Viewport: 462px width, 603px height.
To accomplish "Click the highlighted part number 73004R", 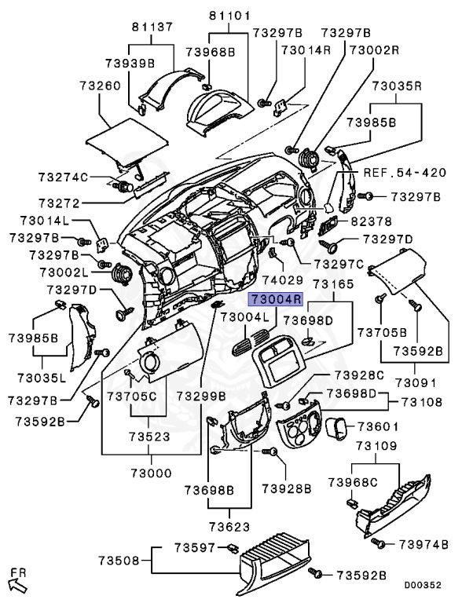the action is [276, 299].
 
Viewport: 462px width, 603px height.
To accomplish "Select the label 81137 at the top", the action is [152, 27].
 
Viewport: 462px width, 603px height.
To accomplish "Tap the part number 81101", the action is [229, 16].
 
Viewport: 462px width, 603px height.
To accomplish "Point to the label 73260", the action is [100, 86].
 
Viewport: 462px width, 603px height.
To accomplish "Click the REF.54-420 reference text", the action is [405, 172].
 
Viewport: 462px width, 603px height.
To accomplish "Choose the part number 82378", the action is [371, 221].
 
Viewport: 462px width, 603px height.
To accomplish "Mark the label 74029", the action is [283, 280].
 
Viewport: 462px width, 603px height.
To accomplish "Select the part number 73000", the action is [151, 473].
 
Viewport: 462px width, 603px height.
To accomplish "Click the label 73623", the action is [229, 526].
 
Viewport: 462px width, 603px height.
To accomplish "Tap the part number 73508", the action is [119, 561].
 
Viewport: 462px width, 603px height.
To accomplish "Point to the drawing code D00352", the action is [423, 585].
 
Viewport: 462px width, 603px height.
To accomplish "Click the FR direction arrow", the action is [17, 585].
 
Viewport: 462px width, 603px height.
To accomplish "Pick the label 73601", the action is [378, 426].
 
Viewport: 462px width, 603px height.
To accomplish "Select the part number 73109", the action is [376, 446].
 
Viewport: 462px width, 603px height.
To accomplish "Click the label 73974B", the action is [423, 544].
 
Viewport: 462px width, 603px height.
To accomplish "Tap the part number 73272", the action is [59, 203].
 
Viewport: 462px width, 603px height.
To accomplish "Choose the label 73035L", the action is [42, 378].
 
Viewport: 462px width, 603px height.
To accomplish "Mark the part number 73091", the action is [416, 382].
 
